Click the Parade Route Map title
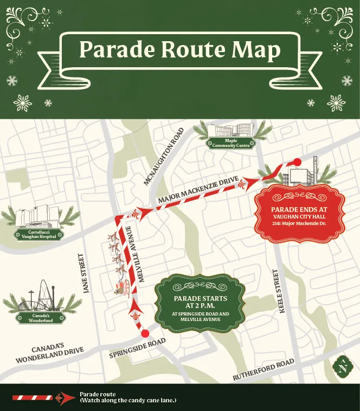click(x=179, y=50)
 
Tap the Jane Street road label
click(x=86, y=274)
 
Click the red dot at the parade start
click(x=145, y=333)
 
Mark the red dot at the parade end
click(x=297, y=161)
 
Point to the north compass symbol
click(x=342, y=369)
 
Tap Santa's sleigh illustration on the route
click(x=120, y=266)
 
